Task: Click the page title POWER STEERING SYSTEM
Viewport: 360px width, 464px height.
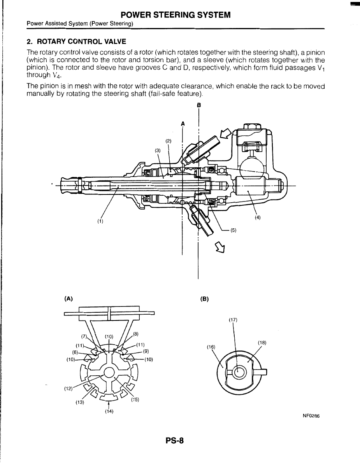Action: pyautogui.click(x=176, y=15)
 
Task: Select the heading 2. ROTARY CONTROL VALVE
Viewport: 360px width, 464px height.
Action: pyautogui.click(x=76, y=41)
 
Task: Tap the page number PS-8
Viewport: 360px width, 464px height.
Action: pyautogui.click(x=174, y=441)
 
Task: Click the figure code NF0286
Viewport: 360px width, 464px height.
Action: pyautogui.click(x=311, y=416)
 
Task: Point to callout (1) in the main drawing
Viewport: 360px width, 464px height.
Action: pyautogui.click(x=100, y=222)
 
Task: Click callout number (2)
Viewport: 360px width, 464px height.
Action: pyautogui.click(x=168, y=141)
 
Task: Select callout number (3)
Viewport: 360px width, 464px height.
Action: pyautogui.click(x=157, y=150)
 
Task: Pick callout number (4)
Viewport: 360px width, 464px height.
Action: pyautogui.click(x=257, y=218)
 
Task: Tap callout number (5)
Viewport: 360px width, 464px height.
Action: pyautogui.click(x=234, y=230)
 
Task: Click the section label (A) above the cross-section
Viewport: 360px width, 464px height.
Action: pyautogui.click(x=68, y=299)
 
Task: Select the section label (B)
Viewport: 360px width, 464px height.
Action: pyautogui.click(x=204, y=299)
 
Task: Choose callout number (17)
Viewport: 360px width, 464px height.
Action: pyautogui.click(x=233, y=320)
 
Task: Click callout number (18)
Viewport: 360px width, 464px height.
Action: pyautogui.click(x=262, y=343)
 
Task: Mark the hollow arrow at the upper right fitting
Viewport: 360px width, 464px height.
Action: pyautogui.click(x=225, y=134)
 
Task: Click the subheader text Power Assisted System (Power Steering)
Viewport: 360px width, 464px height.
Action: pyautogui.click(x=80, y=24)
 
